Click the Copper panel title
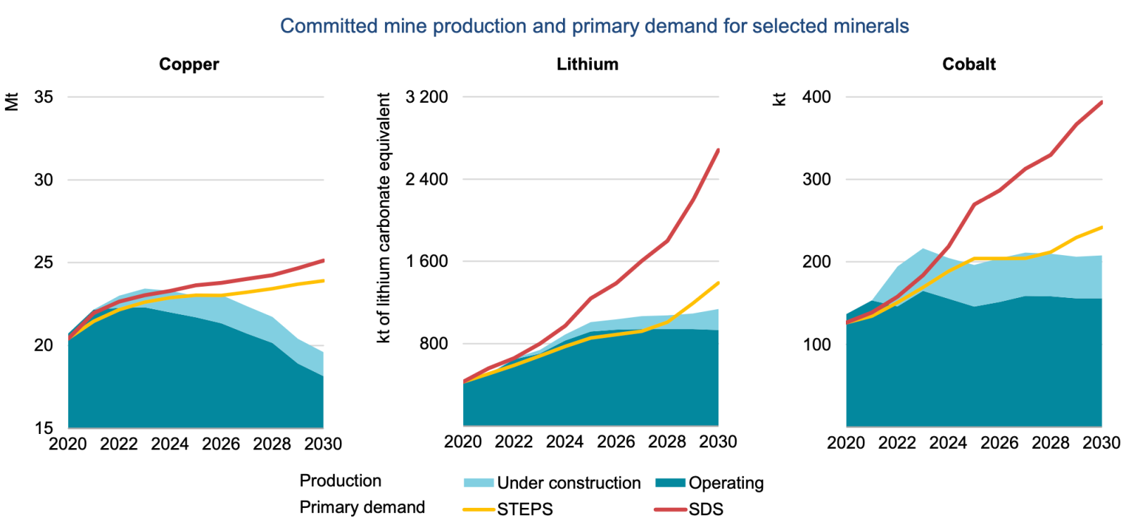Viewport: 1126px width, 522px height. coord(189,64)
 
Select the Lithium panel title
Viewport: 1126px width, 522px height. coord(587,64)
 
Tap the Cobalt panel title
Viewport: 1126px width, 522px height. coord(968,64)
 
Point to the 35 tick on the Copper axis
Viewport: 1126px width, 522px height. coord(44,97)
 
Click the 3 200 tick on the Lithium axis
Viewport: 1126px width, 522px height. coord(426,97)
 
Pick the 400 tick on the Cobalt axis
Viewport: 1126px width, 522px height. coord(816,97)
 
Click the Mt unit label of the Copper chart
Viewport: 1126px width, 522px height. coord(12,101)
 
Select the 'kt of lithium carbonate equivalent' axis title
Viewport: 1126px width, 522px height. coord(384,218)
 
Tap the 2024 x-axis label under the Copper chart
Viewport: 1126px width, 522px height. coord(170,444)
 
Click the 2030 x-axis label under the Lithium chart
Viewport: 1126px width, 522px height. coord(718,442)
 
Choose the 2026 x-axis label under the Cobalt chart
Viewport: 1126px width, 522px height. coord(999,442)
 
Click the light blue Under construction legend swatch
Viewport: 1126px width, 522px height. coord(479,483)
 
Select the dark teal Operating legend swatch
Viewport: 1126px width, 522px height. coord(670,483)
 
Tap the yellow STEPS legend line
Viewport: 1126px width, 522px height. coord(479,509)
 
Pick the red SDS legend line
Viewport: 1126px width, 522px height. coord(670,509)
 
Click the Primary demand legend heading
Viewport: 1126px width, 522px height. coord(362,507)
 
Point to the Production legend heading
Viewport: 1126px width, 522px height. coord(340,480)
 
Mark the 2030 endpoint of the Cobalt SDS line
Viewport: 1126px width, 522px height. coord(1101,102)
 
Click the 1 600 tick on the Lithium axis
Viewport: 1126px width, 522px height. coord(426,261)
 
